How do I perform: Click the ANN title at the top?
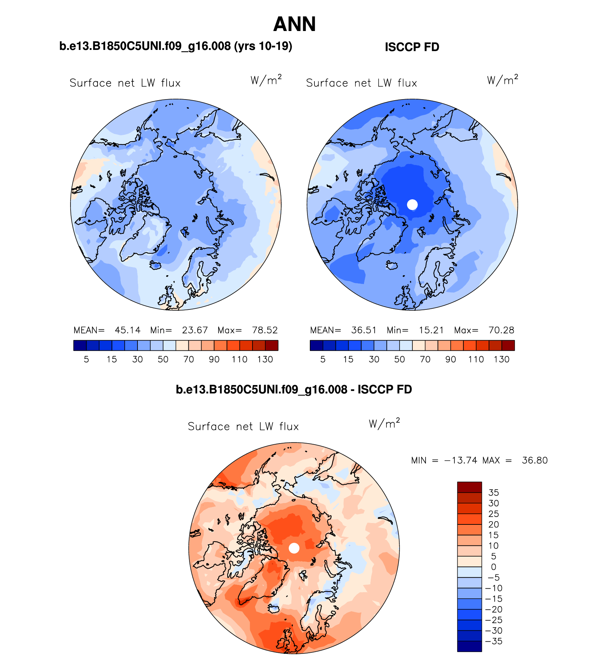(x=295, y=24)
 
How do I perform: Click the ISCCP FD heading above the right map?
(x=412, y=47)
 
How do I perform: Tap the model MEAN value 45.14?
(x=127, y=330)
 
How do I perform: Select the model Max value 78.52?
(x=265, y=330)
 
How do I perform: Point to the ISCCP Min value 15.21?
(x=431, y=330)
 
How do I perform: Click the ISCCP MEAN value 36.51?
(x=364, y=330)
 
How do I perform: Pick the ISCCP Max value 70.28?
(x=501, y=330)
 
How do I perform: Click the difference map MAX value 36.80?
(x=535, y=460)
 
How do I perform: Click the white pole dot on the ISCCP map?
(x=412, y=205)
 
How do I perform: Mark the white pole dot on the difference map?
(x=294, y=548)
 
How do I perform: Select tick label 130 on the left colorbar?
(x=265, y=359)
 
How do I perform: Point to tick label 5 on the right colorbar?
(x=323, y=359)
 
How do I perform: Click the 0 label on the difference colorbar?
(x=493, y=567)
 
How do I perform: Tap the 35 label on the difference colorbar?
(x=494, y=493)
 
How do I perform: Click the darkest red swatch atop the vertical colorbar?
(x=469, y=487)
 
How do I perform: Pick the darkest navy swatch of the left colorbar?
(x=80, y=345)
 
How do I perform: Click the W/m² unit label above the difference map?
(x=384, y=424)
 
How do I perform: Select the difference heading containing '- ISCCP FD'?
(x=294, y=389)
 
